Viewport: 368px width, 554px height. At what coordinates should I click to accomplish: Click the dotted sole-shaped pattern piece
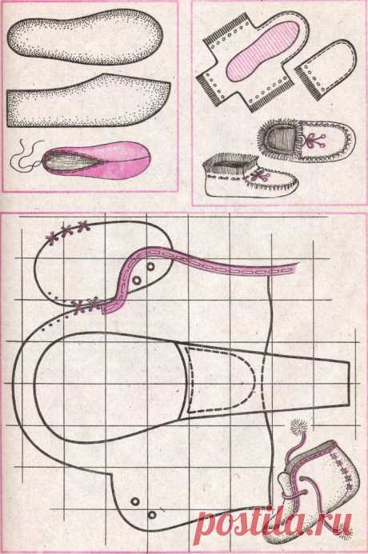[x=85, y=37]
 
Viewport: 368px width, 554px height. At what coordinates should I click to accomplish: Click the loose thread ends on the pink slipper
[x=26, y=155]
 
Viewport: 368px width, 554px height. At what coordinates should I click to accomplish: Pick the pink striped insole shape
[x=262, y=50]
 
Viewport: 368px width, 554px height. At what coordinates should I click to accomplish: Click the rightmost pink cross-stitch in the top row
[x=84, y=225]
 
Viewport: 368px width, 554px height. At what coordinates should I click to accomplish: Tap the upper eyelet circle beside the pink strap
[x=150, y=266]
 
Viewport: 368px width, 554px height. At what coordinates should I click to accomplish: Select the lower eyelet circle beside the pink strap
[x=137, y=281]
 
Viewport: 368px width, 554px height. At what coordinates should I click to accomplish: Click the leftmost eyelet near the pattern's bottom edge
[x=135, y=501]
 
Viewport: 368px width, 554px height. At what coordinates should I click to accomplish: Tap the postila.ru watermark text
[x=274, y=522]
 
